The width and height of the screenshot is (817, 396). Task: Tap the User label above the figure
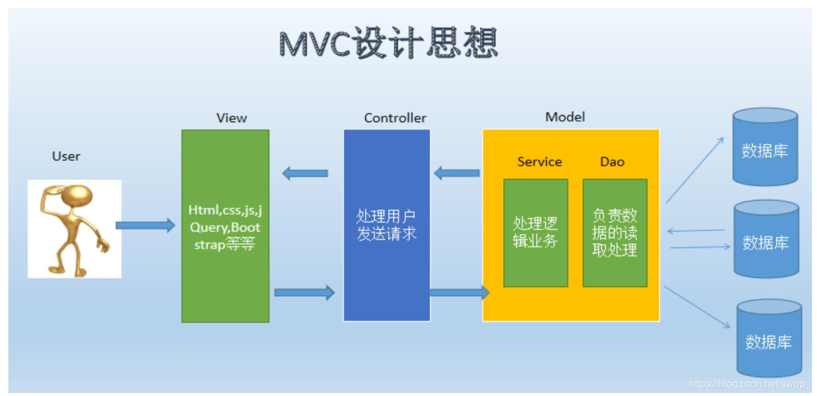(66, 156)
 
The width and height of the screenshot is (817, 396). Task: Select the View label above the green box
(231, 118)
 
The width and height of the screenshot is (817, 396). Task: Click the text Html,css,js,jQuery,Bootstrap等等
(224, 227)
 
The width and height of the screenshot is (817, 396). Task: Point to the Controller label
(395, 118)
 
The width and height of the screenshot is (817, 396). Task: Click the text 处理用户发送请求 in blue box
(386, 225)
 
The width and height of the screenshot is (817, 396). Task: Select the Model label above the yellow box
(565, 117)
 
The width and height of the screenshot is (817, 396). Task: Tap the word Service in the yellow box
(539, 162)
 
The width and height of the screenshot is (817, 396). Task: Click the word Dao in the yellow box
(612, 162)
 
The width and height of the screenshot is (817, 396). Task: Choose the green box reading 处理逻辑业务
(535, 232)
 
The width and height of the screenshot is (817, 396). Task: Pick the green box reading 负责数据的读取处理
(615, 232)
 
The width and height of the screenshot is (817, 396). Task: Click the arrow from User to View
(145, 225)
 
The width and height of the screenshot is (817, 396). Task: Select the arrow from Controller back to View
(305, 172)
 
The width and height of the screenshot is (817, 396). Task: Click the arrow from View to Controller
(304, 292)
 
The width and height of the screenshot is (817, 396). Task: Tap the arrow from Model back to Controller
(457, 172)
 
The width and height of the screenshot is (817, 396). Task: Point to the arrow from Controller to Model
(459, 292)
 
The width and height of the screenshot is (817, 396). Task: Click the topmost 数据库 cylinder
(765, 147)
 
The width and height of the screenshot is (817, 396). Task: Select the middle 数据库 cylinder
(766, 239)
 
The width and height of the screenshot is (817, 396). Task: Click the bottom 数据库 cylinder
(768, 339)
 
